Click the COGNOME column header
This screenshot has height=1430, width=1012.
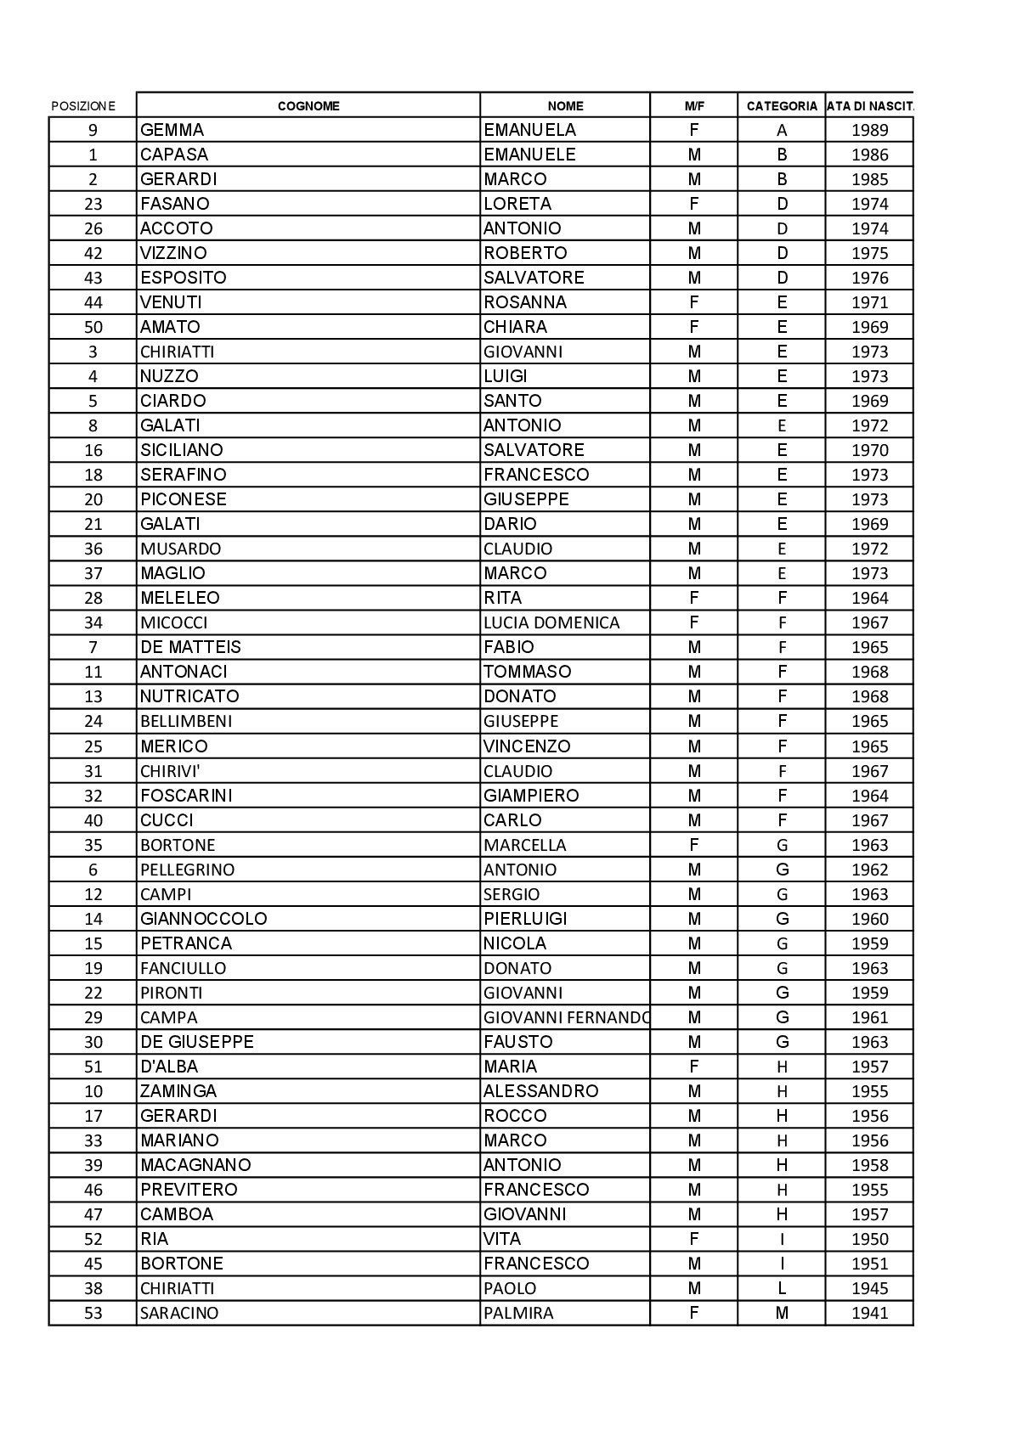[308, 106]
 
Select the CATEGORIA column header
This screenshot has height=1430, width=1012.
[782, 106]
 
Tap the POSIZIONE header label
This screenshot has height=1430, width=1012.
[82, 106]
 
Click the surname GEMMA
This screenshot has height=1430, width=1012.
[172, 130]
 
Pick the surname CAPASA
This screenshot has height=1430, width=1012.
[174, 155]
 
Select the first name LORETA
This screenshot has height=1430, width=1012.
[517, 204]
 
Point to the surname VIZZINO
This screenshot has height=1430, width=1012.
[173, 253]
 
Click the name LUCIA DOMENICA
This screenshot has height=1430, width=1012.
[551, 622]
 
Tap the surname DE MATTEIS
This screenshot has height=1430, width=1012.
[191, 647]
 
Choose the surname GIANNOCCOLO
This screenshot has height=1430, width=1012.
[204, 919]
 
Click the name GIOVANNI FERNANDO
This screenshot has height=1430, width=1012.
[566, 1017]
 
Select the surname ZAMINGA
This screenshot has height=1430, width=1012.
[178, 1091]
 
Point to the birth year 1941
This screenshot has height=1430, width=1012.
[869, 1313]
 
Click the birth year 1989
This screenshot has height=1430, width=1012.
[869, 130]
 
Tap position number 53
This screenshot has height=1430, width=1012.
[93, 1313]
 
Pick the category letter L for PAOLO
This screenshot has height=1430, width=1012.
[782, 1288]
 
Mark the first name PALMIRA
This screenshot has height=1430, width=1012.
[518, 1313]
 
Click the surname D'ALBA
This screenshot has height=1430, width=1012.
[169, 1067]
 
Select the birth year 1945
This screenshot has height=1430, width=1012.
[869, 1288]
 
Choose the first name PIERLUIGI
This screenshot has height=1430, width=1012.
[525, 919]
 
